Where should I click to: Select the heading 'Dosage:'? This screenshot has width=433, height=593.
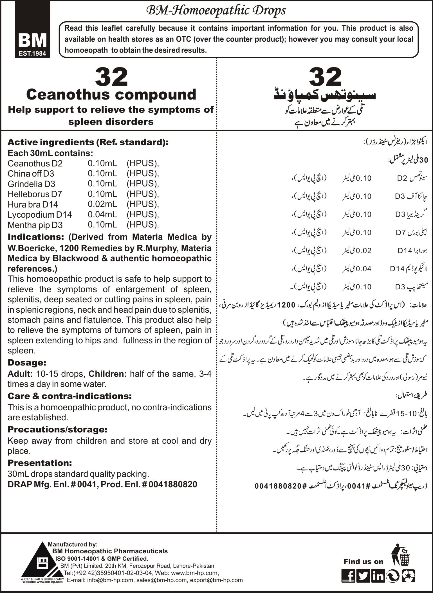(27, 362)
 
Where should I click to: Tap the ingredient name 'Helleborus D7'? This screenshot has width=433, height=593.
(35, 194)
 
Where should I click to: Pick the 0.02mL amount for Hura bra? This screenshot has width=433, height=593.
(102, 204)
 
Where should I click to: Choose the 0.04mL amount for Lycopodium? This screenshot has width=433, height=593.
(102, 215)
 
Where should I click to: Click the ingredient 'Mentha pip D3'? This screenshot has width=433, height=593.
(35, 225)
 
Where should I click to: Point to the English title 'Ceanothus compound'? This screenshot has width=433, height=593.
(111, 94)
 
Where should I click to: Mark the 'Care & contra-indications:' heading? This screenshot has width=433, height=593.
(69, 396)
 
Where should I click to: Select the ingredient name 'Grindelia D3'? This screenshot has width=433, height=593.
(31, 184)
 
